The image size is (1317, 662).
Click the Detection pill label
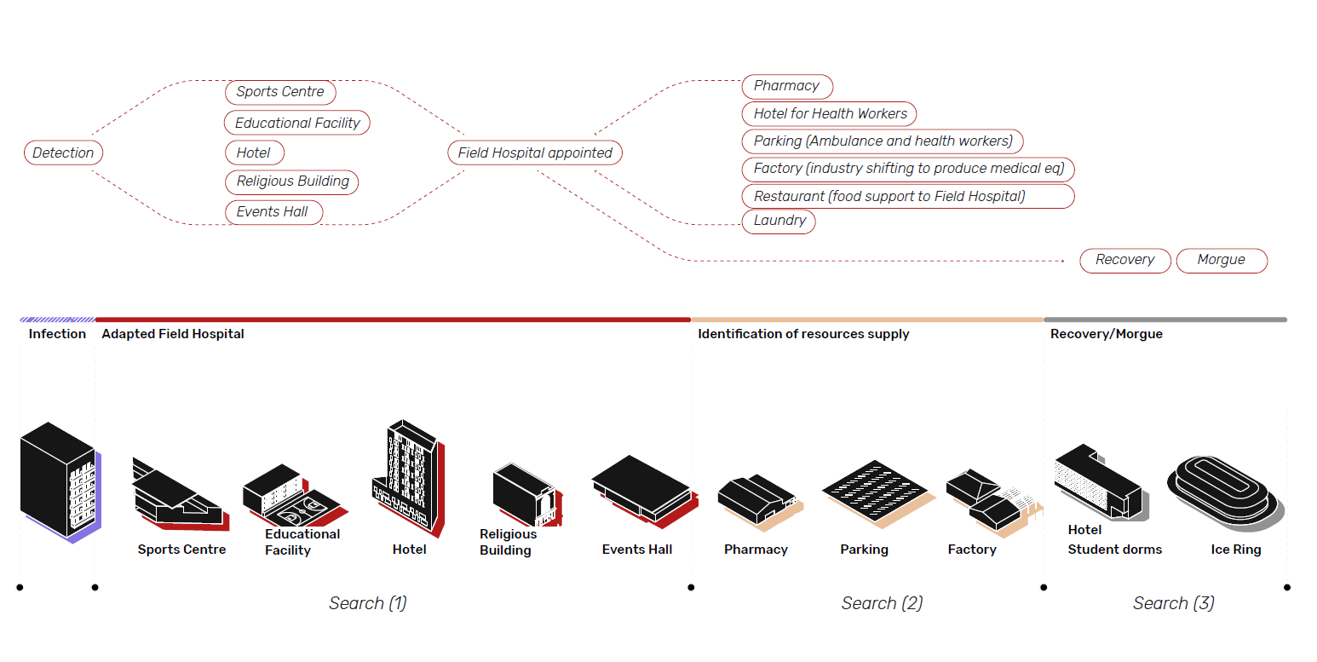point(63,153)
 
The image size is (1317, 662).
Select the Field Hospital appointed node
point(535,153)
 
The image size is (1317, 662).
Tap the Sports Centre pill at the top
point(280,92)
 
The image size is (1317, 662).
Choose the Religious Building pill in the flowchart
point(292,181)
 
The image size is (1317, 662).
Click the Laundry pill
point(779,221)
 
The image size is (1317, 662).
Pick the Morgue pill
point(1221,260)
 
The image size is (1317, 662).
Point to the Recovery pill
point(1124,260)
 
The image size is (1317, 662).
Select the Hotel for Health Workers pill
point(830,113)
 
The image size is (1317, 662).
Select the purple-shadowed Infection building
point(58,481)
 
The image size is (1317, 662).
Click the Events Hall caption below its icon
point(636,550)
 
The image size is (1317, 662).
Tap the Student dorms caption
point(1114,550)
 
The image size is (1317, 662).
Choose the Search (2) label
point(882,603)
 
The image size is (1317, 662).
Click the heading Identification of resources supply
point(803,334)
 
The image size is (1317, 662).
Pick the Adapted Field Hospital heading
point(172,334)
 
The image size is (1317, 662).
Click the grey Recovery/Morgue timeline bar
point(1165,319)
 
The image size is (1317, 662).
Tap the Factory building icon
point(990,503)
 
